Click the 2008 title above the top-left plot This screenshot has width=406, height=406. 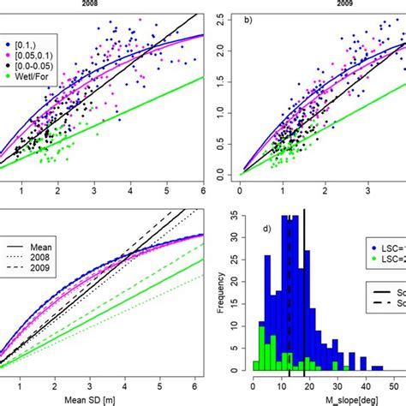click(x=101, y=3)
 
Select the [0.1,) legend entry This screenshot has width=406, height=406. click(x=27, y=40)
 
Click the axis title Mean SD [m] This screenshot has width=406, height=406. click(x=101, y=398)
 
